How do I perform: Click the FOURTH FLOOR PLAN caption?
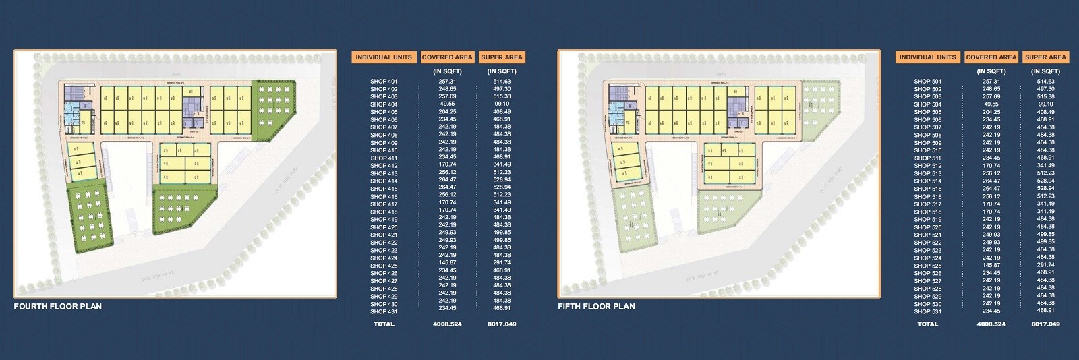coord(58,306)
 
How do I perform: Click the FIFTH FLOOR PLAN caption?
coord(596,306)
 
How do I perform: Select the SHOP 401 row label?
coord(384,82)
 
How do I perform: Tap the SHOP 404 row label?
coord(384,104)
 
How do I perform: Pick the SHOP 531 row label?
coord(927,311)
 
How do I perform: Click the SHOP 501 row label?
coord(927,82)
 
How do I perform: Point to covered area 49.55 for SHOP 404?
coord(447,104)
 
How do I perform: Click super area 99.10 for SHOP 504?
coord(1046,104)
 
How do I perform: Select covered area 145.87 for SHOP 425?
coord(447,266)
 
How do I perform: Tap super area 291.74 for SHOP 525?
coord(1046,266)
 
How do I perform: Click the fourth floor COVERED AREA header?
coord(447,57)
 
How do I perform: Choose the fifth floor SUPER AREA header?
coord(1046,57)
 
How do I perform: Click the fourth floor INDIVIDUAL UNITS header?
coord(384,57)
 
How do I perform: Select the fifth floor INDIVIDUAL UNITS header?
coord(927,57)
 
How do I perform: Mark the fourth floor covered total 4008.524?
coord(447,324)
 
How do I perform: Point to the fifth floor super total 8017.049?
coord(1046,324)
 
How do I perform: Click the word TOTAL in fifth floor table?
coord(927,324)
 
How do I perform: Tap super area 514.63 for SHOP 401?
coord(502,82)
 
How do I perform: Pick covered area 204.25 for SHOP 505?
coord(991,112)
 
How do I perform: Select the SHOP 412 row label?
coord(384,166)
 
